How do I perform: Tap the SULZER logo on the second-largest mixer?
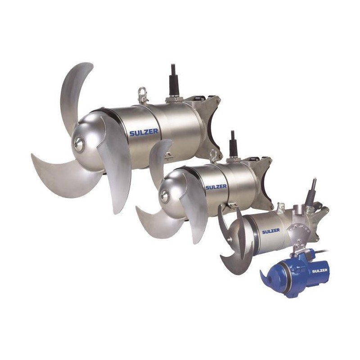pyautogui.click(x=216, y=187)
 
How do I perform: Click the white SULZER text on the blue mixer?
pyautogui.click(x=319, y=270)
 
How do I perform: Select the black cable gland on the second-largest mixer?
pyautogui.click(x=233, y=144)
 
